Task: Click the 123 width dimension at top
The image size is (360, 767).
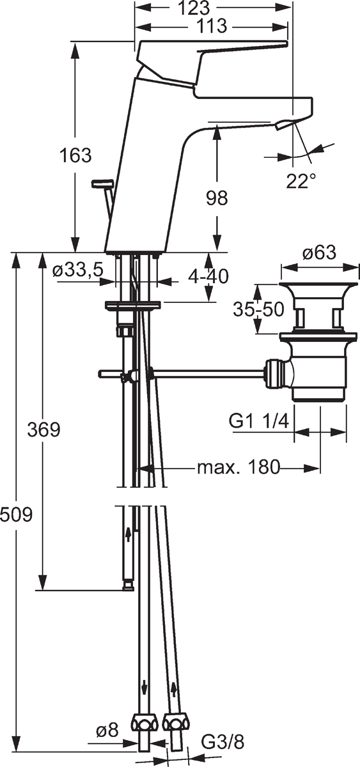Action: [194, 8]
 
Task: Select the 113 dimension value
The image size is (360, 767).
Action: [212, 26]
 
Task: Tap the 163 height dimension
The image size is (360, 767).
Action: [75, 155]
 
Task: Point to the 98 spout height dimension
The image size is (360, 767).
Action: [217, 198]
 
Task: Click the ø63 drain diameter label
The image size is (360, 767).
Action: [320, 252]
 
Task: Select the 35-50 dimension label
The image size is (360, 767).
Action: [258, 310]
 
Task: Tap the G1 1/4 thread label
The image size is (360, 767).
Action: [259, 421]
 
